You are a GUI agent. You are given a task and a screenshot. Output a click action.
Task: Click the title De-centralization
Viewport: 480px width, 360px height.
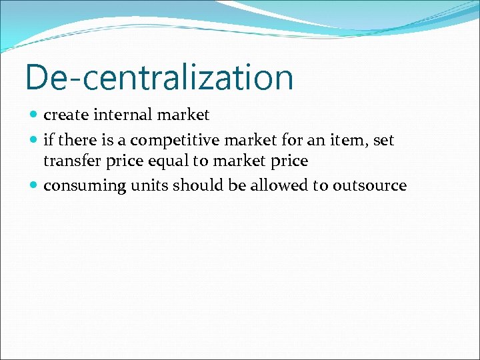159,77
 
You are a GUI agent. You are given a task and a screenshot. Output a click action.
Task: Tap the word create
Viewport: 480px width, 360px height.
66,115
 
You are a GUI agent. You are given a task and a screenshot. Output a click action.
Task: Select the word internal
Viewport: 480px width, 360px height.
122,115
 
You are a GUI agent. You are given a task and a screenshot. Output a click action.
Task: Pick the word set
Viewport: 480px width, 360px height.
384,141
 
